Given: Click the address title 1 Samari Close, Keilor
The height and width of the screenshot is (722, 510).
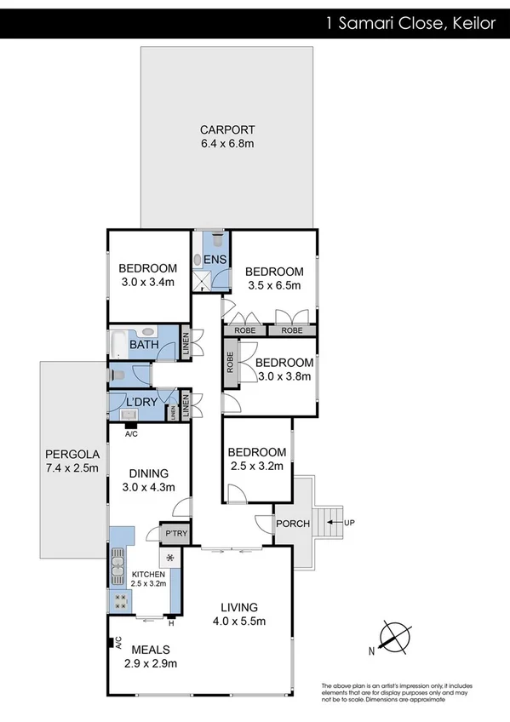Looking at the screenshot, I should click(410, 23).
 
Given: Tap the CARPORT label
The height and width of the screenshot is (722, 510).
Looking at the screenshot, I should click(227, 130).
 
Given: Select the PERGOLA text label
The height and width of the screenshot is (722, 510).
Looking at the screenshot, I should click(72, 454).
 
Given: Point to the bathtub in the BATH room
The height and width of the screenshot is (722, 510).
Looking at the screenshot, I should click(118, 345).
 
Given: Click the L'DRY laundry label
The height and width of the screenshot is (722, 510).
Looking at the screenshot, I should click(140, 401).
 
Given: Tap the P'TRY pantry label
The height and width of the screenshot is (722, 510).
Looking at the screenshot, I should click(175, 534).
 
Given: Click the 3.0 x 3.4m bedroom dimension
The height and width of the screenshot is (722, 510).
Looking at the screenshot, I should click(146, 283).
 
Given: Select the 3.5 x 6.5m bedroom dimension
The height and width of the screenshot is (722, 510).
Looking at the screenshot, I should click(273, 286).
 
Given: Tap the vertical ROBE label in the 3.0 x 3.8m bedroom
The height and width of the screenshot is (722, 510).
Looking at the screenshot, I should click(230, 364).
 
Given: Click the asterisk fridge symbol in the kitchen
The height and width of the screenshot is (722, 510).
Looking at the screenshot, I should click(171, 558).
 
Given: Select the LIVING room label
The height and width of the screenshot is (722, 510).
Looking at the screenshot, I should click(239, 607).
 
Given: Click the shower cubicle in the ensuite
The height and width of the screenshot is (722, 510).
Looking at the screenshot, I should click(203, 279).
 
